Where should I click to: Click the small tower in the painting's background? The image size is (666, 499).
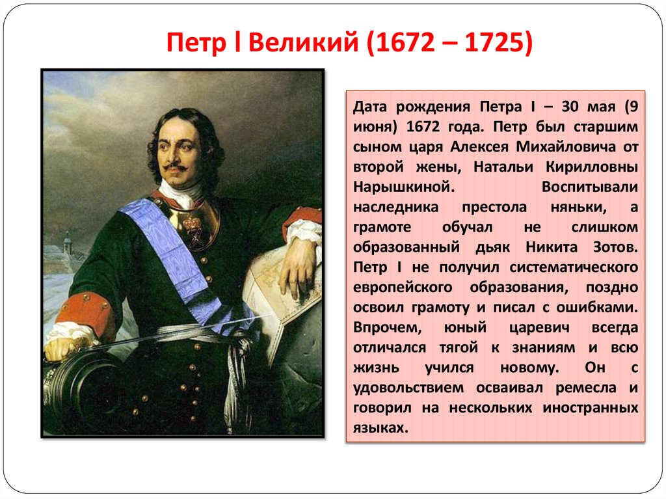click(x=67, y=244)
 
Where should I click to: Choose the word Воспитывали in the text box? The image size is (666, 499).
click(x=589, y=187)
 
